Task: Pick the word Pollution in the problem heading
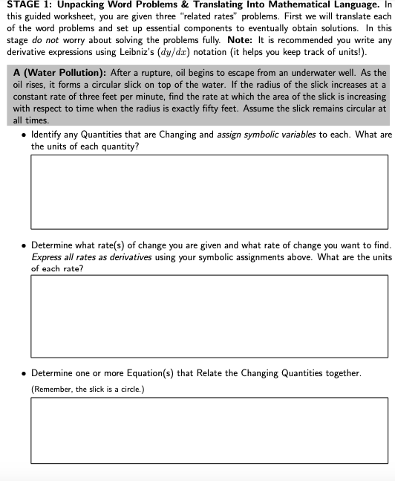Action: coord(84,73)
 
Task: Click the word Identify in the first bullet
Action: coord(48,135)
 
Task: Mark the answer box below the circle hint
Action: coord(209,431)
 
